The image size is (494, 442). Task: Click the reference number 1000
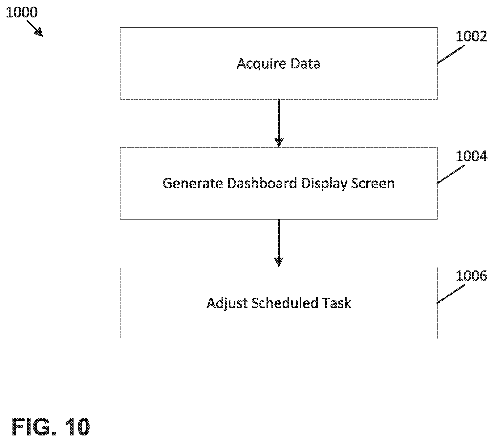22,12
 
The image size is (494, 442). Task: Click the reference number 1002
471,36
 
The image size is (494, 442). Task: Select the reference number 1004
471,156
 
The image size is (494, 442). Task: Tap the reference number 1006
471,276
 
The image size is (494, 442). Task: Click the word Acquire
262,64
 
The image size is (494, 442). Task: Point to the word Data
305,64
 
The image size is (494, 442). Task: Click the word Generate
193,183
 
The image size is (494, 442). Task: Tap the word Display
324,184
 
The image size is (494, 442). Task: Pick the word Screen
373,183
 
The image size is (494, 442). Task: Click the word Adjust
227,304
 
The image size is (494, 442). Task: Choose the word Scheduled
285,303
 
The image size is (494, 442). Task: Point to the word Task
337,303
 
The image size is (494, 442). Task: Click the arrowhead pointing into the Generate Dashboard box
279,142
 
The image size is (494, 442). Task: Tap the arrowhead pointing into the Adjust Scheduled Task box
279,262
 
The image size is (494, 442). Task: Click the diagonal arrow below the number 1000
35,29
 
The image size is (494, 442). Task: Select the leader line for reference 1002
451,55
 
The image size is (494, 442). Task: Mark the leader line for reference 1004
451,174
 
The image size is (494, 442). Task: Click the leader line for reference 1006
451,294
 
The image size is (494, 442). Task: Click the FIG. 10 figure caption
51,427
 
